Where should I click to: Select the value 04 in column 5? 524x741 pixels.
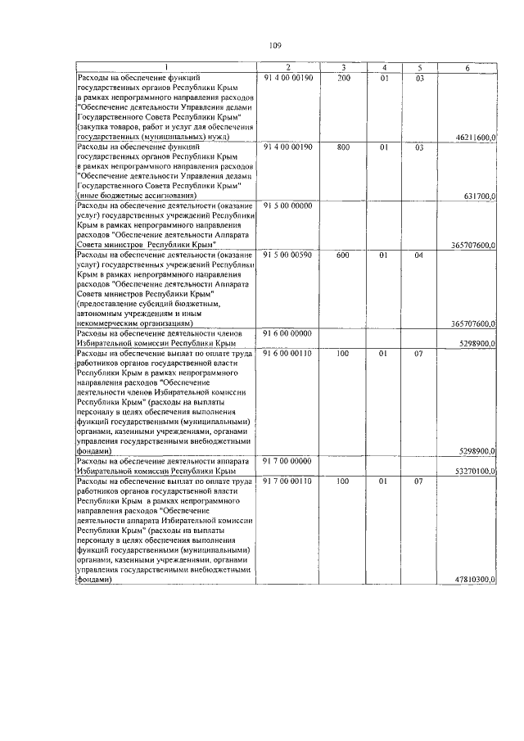tap(418, 255)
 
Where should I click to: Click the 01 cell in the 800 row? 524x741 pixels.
tap(382, 147)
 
